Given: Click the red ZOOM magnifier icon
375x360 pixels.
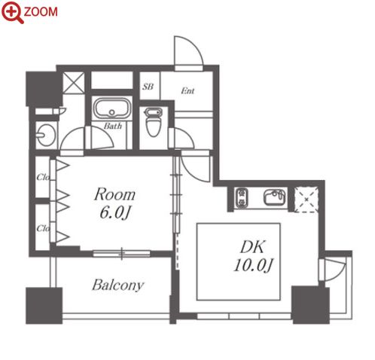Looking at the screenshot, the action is click(12, 12).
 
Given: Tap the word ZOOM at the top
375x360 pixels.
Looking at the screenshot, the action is click(41, 12).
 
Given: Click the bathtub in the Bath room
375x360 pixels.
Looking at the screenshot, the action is click(112, 108).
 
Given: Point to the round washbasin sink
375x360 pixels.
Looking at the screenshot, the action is click(45, 135).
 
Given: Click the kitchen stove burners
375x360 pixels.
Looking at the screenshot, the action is click(242, 198).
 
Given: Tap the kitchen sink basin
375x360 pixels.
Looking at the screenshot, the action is click(274, 197).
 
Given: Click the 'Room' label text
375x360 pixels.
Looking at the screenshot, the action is click(114, 194).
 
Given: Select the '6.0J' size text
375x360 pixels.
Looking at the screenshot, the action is click(115, 213).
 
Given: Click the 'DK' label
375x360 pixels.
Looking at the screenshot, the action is click(252, 247).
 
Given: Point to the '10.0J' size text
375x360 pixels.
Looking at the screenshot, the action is click(253, 265).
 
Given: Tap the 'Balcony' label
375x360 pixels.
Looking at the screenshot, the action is click(117, 285).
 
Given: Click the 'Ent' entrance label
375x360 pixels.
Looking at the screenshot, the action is click(187, 90).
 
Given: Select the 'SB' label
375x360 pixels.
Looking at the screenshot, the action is click(148, 87).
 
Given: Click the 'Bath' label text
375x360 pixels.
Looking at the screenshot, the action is click(113, 126).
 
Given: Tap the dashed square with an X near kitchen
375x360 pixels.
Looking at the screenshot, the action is click(306, 200).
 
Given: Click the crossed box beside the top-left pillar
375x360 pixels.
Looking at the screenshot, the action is click(74, 83).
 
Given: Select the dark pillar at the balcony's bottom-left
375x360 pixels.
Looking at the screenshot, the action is click(44, 306).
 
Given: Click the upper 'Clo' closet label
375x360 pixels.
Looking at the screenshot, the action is click(43, 177).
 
